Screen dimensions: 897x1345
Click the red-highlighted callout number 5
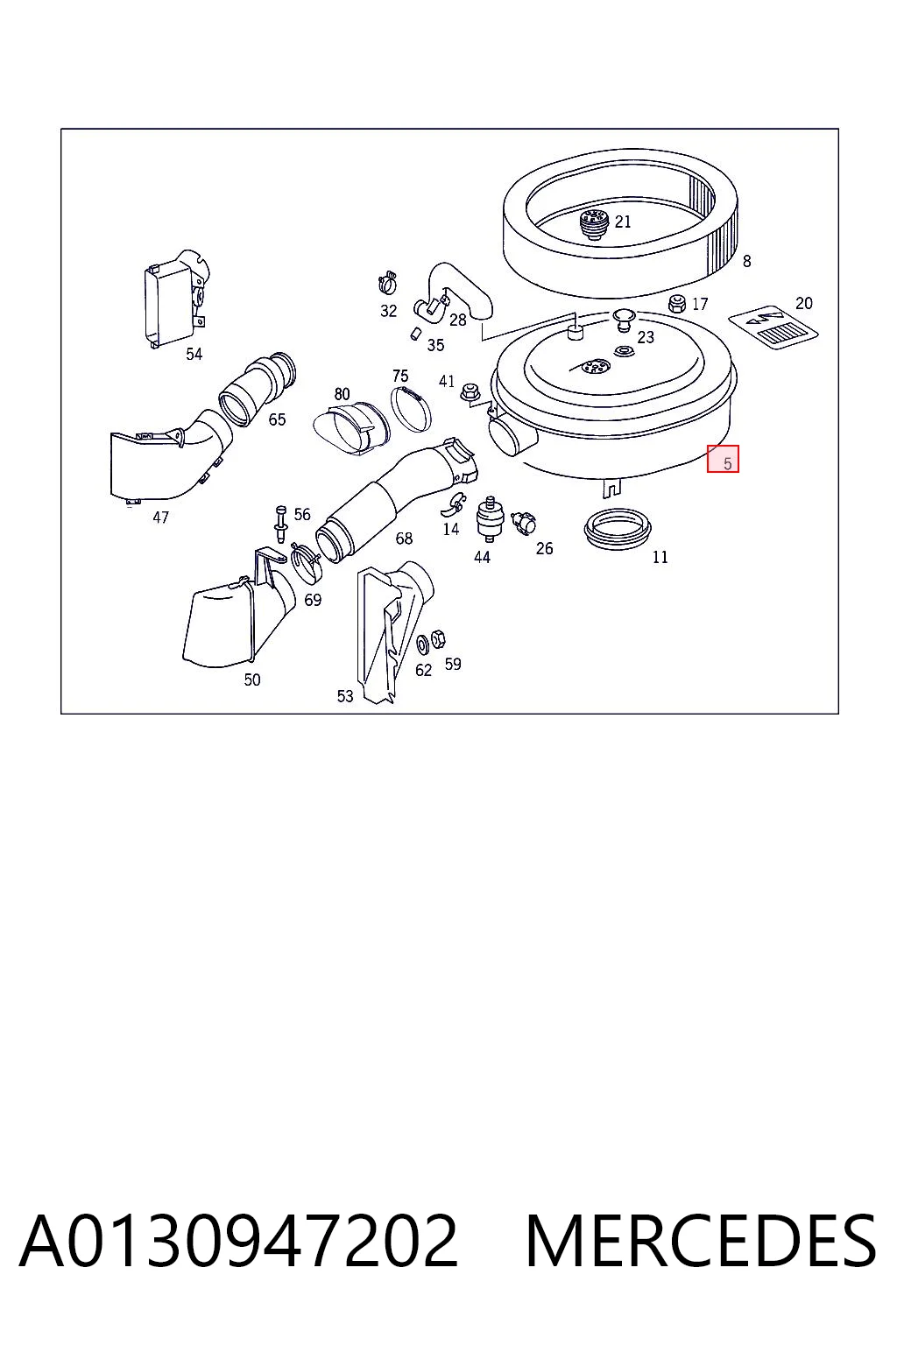click(x=727, y=463)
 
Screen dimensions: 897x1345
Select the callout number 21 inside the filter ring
click(x=623, y=222)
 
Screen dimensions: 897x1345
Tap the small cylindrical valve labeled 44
click(x=489, y=518)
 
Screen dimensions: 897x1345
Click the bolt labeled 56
click(x=280, y=524)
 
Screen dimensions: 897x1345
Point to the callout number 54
click(x=194, y=354)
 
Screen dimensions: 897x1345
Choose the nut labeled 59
click(x=439, y=639)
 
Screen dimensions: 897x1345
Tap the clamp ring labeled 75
click(x=412, y=409)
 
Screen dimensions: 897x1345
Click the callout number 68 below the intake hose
click(x=404, y=538)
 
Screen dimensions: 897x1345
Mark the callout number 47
click(x=160, y=517)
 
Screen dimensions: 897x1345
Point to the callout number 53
click(x=345, y=696)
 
